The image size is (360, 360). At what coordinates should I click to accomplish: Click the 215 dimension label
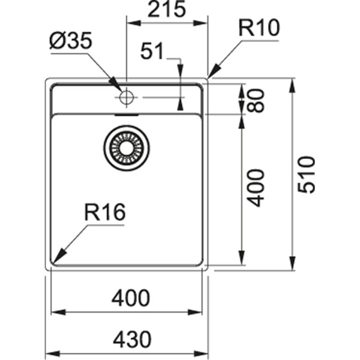click(167, 10)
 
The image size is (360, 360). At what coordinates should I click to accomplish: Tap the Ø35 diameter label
click(71, 42)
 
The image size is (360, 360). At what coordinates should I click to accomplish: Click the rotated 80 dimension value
click(256, 100)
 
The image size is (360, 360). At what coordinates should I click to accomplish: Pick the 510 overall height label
click(307, 174)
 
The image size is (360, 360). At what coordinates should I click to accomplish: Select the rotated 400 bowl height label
click(256, 188)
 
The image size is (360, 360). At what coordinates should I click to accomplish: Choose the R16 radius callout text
click(104, 212)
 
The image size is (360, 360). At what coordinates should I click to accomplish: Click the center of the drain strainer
click(126, 148)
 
